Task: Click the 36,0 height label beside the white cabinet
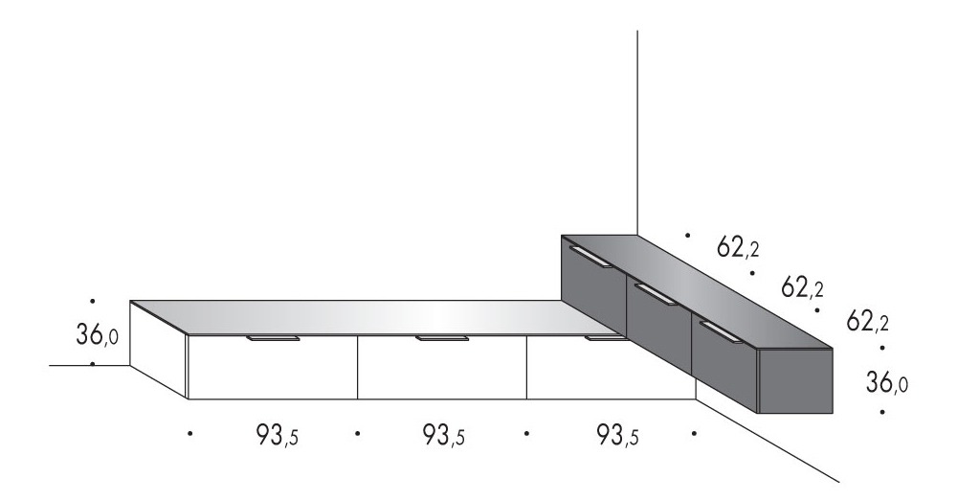97,334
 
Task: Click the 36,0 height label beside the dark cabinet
886,382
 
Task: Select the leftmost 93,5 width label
277,435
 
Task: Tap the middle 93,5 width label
444,435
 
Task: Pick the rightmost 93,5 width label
617,435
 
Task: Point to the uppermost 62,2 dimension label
738,247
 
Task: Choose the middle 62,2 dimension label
802,286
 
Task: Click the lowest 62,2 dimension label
867,321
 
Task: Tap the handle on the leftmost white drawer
274,338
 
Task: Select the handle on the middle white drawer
442,338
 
